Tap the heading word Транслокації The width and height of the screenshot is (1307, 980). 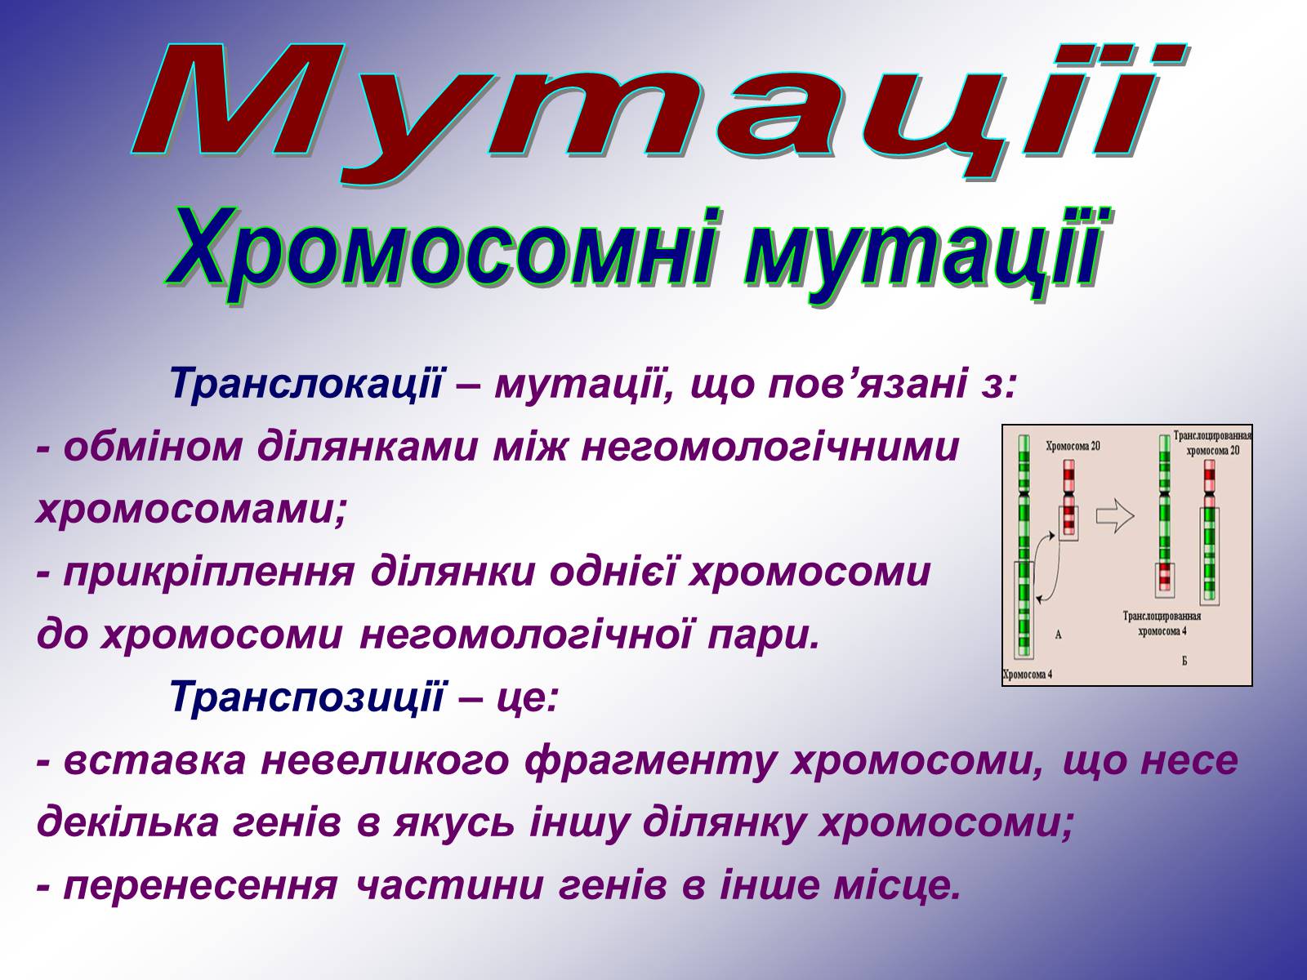point(306,383)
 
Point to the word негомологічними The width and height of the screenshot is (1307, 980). point(769,448)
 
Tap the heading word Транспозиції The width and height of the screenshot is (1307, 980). point(306,696)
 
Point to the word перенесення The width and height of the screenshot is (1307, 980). point(200,887)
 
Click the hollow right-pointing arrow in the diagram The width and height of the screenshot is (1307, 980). point(1115,514)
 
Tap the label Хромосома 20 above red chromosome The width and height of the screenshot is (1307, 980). point(1073,446)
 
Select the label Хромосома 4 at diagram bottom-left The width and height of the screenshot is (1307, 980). point(1027,675)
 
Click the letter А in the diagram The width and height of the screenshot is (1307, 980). point(1058,635)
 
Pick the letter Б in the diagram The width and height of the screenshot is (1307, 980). point(1184,660)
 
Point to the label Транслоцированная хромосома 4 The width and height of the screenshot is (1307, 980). point(1162,623)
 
